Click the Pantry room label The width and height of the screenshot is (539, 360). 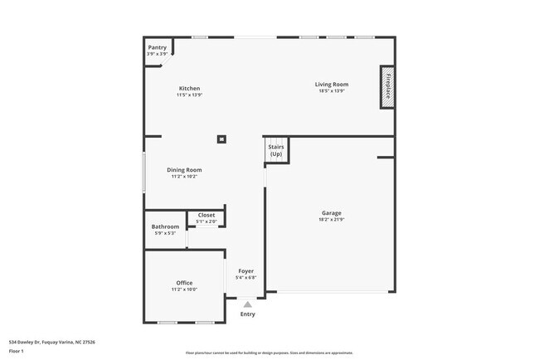click(158, 48)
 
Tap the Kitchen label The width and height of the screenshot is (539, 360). click(189, 89)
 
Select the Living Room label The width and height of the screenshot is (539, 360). click(331, 84)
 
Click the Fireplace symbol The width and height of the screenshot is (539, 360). click(386, 86)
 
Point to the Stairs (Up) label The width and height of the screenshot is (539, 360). click(275, 151)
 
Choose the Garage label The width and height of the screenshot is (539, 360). click(331, 213)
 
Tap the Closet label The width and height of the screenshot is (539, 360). click(206, 215)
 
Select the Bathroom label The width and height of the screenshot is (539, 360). click(165, 226)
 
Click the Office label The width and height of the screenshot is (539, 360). click(183, 283)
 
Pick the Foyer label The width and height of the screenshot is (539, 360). click(246, 271)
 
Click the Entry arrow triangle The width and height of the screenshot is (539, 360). click(247, 304)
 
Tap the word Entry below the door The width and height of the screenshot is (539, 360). click(247, 314)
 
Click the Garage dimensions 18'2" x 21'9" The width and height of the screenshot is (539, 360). click(331, 220)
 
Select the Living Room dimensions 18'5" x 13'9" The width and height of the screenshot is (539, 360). click(331, 90)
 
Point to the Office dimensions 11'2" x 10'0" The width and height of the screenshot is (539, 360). click(183, 289)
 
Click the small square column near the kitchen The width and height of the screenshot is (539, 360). click(221, 139)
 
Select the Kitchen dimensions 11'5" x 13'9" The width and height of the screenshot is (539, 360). click(189, 95)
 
